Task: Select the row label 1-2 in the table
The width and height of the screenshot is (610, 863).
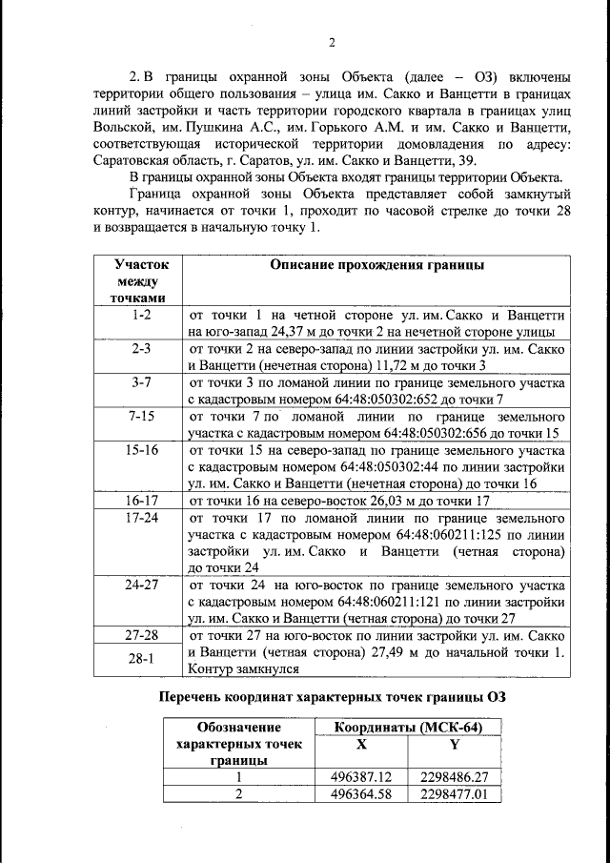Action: click(x=141, y=314)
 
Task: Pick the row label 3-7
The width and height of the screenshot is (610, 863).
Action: click(x=141, y=382)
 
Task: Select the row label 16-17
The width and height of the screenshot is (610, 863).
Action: click(x=141, y=500)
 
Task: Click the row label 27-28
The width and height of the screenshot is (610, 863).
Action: click(x=141, y=635)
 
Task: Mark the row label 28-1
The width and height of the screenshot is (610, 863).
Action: click(x=141, y=659)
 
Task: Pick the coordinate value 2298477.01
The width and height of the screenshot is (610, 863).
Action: click(x=454, y=793)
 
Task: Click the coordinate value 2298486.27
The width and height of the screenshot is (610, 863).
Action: click(x=454, y=777)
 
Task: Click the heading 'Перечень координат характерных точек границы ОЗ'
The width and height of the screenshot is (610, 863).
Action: click(x=332, y=697)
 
